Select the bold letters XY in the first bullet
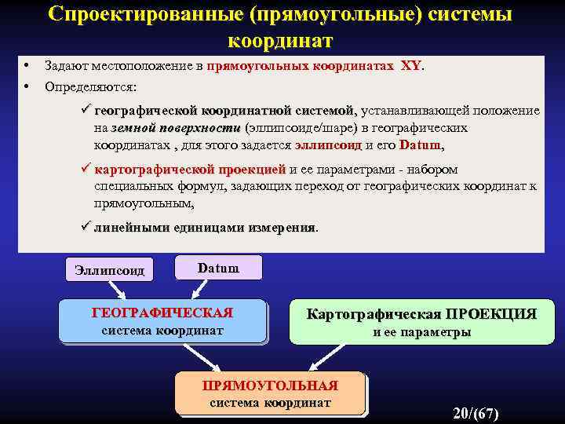pyautogui.click(x=410, y=67)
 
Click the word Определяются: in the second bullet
pyautogui.click(x=90, y=86)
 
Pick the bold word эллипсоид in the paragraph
pyautogui.click(x=328, y=145)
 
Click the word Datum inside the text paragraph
pyautogui.click(x=420, y=145)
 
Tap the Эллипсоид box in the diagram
pyautogui.click(x=109, y=270)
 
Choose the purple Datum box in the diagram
pyautogui.click(x=218, y=268)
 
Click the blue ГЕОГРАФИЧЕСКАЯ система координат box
pyautogui.click(x=162, y=321)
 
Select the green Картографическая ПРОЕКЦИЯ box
pyautogui.click(x=421, y=322)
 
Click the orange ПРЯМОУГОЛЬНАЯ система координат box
pyautogui.click(x=270, y=393)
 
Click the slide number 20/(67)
pyautogui.click(x=476, y=413)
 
